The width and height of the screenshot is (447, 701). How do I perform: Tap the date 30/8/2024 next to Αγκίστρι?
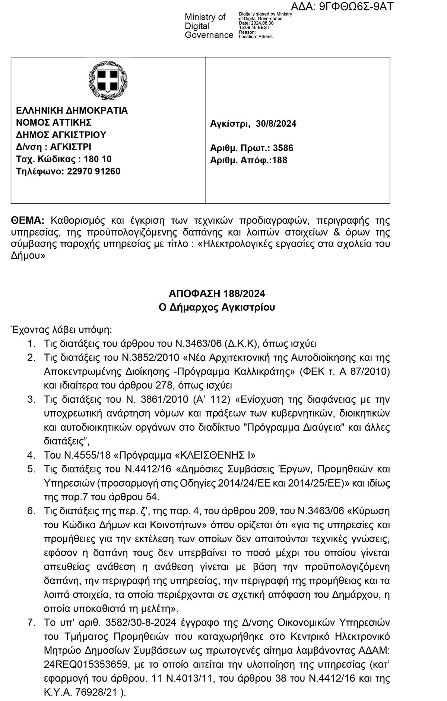[276, 124]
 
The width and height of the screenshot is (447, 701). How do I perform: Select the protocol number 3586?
[283, 148]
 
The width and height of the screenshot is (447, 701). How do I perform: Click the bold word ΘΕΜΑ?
[28, 220]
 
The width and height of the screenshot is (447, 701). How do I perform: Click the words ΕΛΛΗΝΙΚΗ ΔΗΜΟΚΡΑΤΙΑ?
[72, 110]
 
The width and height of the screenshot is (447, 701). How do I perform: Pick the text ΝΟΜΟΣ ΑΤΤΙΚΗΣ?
[54, 122]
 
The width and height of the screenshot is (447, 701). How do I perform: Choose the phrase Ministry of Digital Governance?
[209, 26]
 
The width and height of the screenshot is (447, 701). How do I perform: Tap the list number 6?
[31, 510]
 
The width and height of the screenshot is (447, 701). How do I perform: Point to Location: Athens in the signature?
[256, 37]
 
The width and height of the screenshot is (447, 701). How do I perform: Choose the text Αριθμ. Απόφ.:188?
[248, 160]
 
